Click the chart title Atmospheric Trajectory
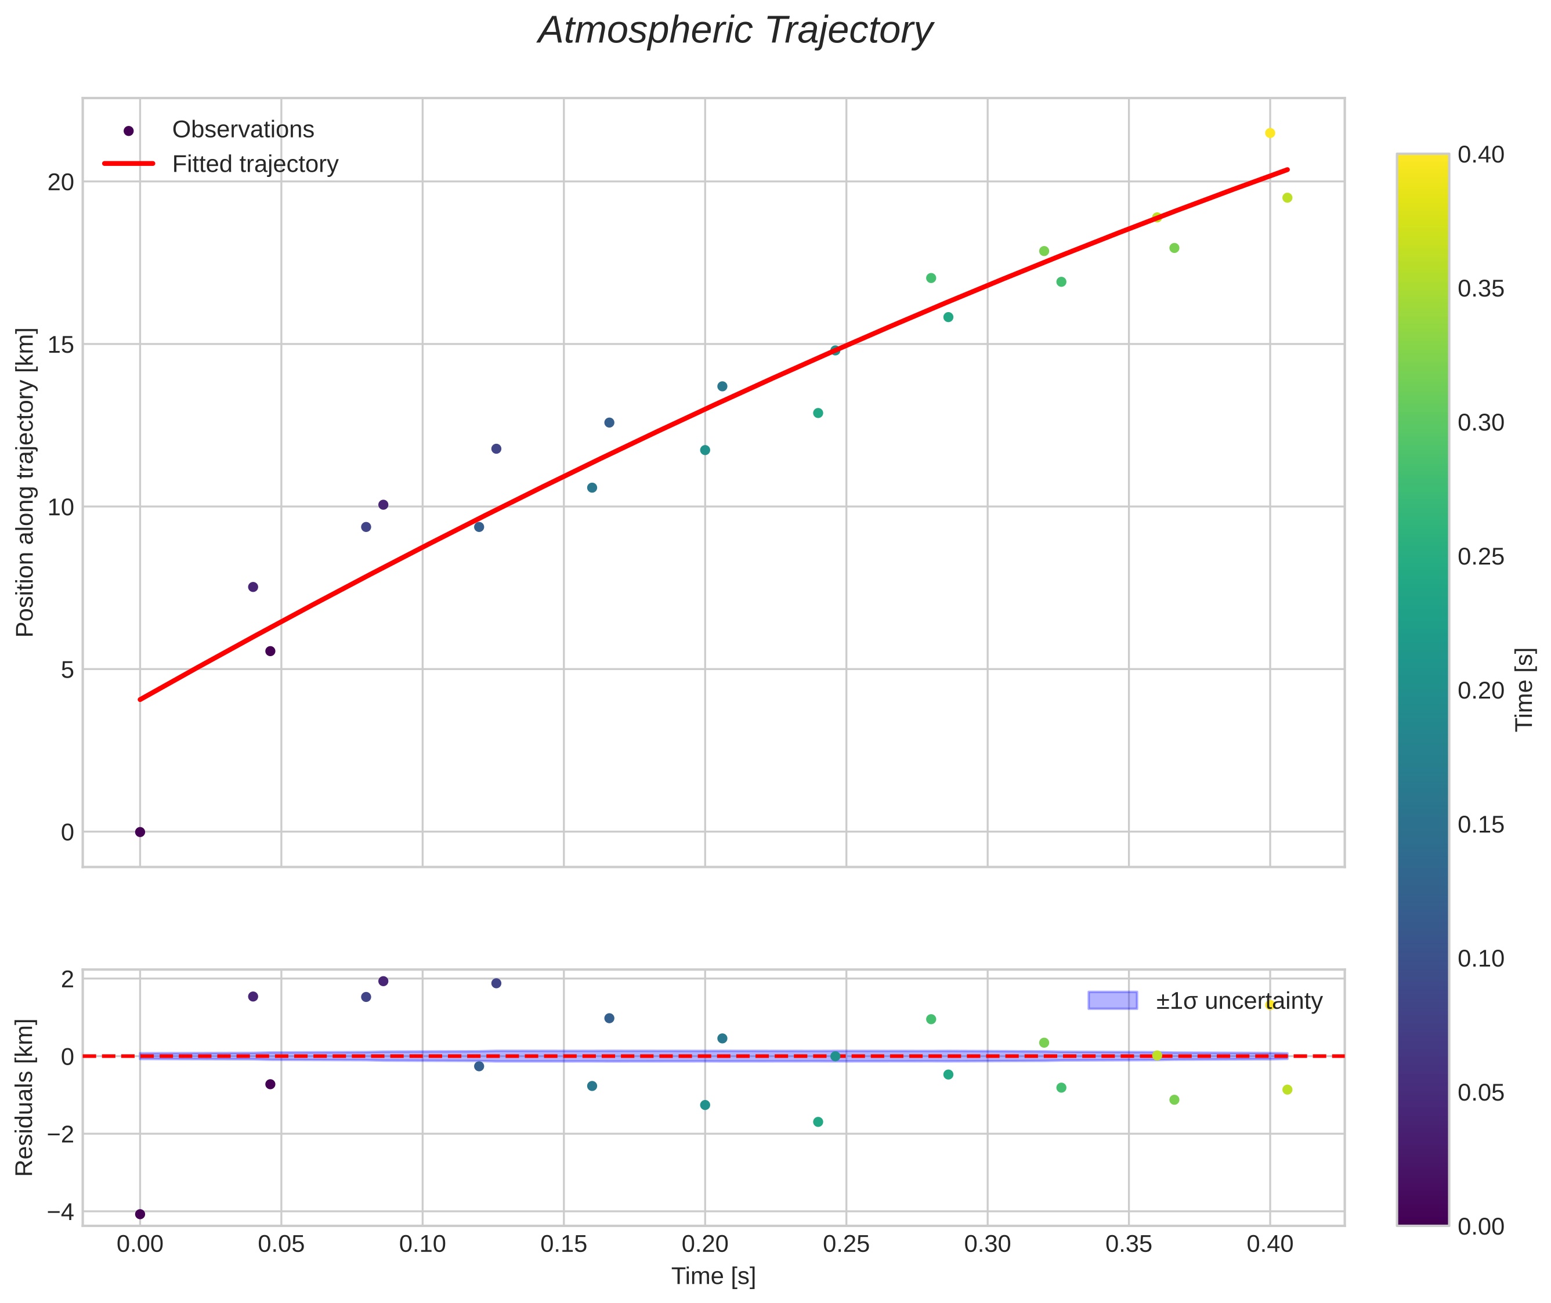click(x=735, y=31)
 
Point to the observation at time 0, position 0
click(x=140, y=832)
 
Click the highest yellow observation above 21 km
click(x=1270, y=133)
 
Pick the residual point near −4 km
click(x=140, y=1214)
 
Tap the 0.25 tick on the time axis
click(x=846, y=1244)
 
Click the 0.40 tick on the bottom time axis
click(x=1270, y=1244)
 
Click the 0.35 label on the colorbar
click(x=1481, y=289)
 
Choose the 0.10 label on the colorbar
click(x=1481, y=959)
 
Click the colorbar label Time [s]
click(x=1525, y=689)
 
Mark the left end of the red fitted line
click(x=140, y=698)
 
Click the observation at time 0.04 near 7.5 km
click(x=253, y=587)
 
